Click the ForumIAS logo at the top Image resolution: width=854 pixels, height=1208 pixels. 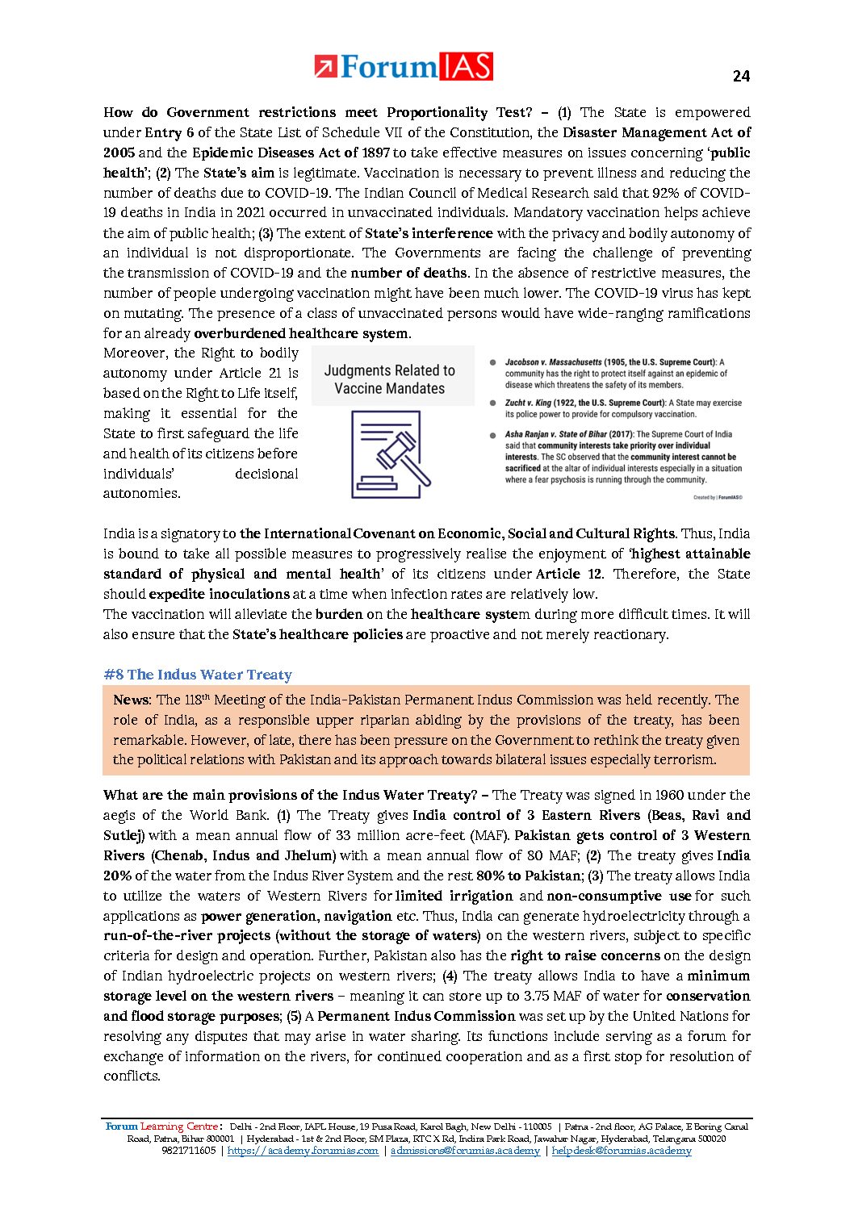403,66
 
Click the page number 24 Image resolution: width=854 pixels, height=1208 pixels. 741,76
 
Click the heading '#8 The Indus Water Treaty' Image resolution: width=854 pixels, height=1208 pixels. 198,675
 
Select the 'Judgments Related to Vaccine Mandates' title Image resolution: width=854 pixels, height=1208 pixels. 389,379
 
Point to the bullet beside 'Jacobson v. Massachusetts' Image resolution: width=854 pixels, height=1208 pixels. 492,362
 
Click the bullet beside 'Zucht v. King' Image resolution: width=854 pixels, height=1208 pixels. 492,403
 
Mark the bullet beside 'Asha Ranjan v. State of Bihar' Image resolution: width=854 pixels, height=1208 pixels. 492,435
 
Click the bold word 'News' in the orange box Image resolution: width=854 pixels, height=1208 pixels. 131,700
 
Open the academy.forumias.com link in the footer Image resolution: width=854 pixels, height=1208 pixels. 303,1151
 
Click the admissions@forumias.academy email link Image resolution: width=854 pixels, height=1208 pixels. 465,1151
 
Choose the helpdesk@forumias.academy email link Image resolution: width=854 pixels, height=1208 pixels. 622,1151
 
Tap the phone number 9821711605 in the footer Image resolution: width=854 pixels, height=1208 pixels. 189,1151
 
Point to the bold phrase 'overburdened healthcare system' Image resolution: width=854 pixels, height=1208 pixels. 301,333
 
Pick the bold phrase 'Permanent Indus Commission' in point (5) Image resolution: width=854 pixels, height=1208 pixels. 417,1016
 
